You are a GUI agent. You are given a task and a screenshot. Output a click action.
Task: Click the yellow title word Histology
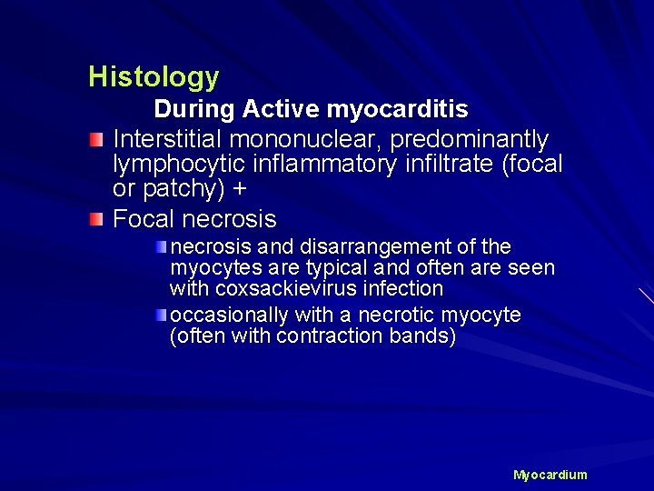coord(154,77)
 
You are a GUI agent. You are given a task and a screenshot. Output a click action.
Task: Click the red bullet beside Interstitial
coord(96,139)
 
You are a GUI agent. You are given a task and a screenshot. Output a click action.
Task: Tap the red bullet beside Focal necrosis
coord(96,219)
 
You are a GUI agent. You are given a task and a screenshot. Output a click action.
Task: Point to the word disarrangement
coord(351,247)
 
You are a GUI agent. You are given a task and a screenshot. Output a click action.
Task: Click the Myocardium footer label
coord(550,475)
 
